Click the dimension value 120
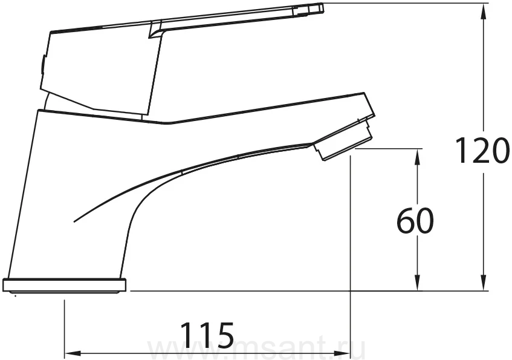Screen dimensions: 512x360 point(482,151)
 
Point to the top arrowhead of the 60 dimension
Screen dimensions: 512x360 point(417,157)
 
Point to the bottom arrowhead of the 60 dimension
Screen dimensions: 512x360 point(417,282)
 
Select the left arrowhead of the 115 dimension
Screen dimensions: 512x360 point(73,353)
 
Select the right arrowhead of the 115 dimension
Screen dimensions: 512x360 point(342,353)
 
